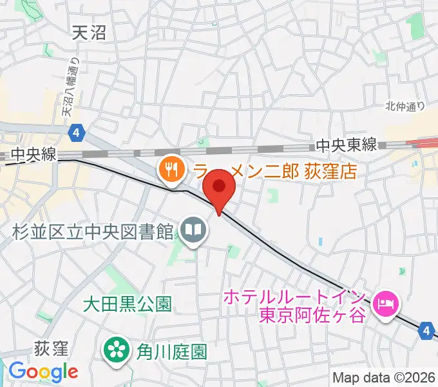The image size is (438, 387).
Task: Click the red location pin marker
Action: tap(219, 188)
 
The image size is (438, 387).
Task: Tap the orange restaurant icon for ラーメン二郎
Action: tap(171, 170)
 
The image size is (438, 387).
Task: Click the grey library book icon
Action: tap(193, 229)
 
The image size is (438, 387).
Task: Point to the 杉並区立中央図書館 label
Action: tap(92, 230)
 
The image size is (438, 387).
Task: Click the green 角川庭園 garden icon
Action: tap(117, 351)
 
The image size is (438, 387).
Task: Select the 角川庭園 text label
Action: tap(171, 352)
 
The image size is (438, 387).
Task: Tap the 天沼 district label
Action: tap(89, 34)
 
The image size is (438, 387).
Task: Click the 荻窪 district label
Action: tap(52, 349)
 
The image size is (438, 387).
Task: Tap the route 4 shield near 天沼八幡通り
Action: tap(77, 133)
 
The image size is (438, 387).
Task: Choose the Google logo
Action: tap(43, 371)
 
